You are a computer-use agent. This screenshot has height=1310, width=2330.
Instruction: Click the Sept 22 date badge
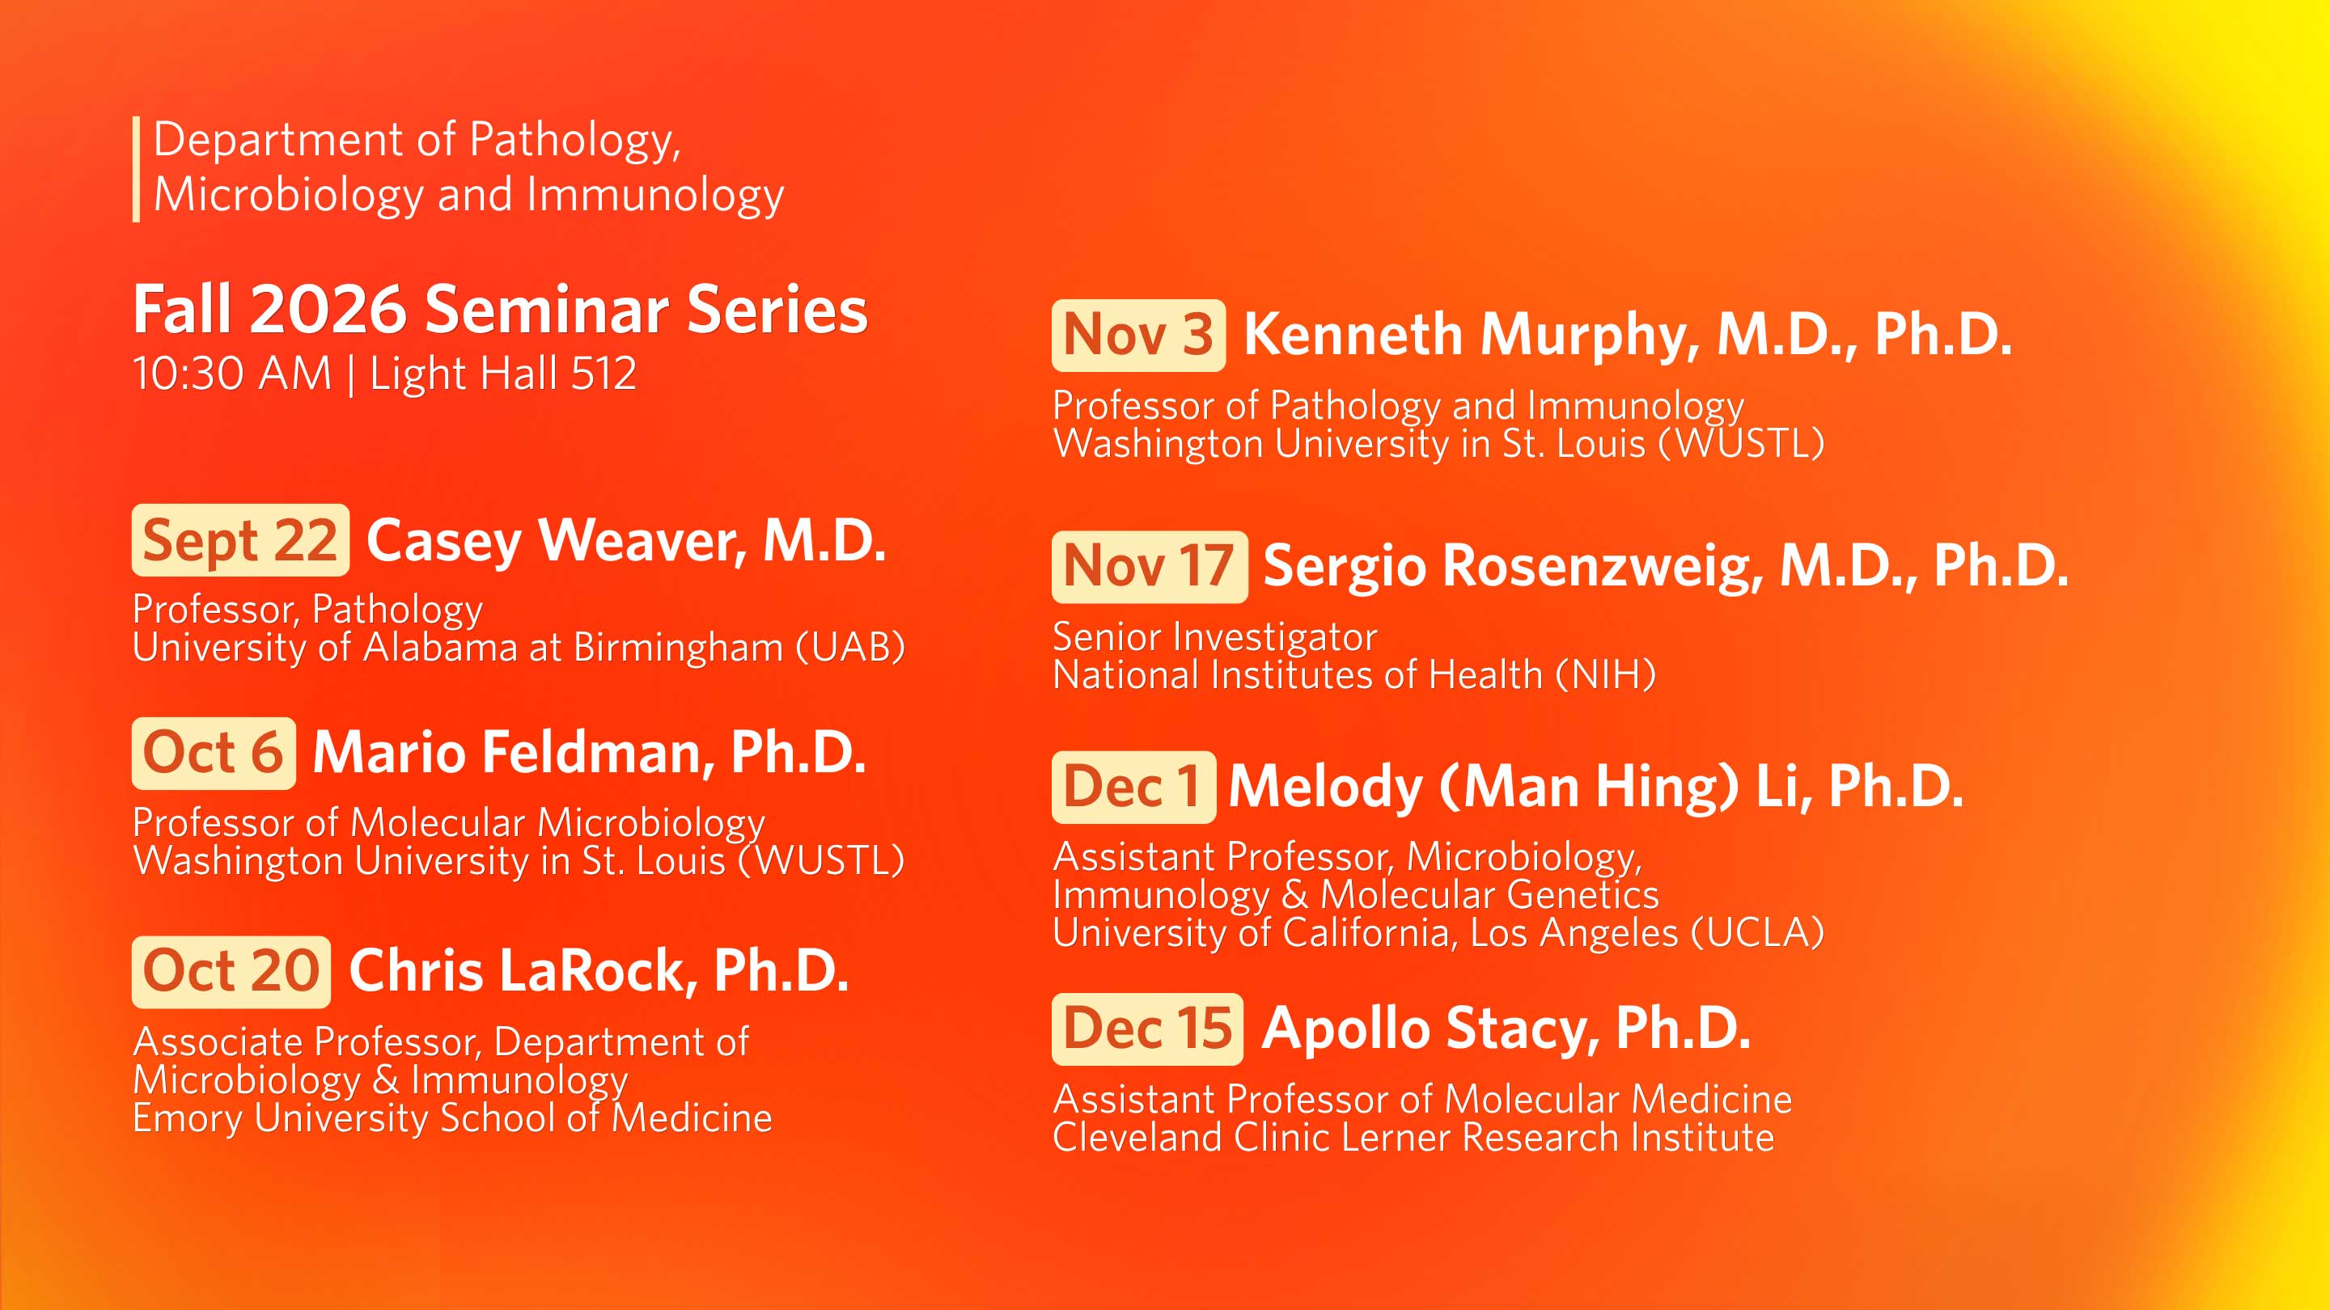pos(240,539)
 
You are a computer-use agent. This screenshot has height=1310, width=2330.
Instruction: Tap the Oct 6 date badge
pos(214,753)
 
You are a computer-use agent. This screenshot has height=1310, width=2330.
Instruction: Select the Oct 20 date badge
pos(231,972)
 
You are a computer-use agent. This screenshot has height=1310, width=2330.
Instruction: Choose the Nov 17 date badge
pos(1150,567)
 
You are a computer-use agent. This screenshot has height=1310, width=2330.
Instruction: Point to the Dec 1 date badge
pos(1133,787)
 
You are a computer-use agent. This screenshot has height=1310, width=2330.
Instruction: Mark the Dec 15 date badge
pos(1148,1029)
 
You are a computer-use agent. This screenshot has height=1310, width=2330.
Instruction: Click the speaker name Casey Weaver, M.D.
pos(626,541)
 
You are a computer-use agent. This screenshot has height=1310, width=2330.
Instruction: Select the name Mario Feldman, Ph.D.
pos(590,753)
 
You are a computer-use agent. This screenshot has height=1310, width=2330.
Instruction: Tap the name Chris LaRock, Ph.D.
pos(599,972)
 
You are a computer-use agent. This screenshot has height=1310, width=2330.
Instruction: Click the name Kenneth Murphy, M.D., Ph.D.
pos(1628,336)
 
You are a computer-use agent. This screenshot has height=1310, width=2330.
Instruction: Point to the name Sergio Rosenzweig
pos(1512,568)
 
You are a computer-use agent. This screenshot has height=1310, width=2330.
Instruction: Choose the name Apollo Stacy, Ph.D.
pos(1506,1029)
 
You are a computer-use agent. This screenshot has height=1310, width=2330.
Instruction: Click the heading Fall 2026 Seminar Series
pos(500,309)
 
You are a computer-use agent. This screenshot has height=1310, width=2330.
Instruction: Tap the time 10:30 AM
pos(232,374)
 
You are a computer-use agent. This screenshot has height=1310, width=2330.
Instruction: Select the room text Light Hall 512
pos(503,374)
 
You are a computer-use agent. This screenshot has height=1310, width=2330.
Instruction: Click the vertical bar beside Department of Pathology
pos(136,168)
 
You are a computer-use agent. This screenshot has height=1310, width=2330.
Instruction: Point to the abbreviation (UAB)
pos(850,647)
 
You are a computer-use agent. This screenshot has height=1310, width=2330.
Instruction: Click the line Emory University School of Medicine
pos(452,1118)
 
